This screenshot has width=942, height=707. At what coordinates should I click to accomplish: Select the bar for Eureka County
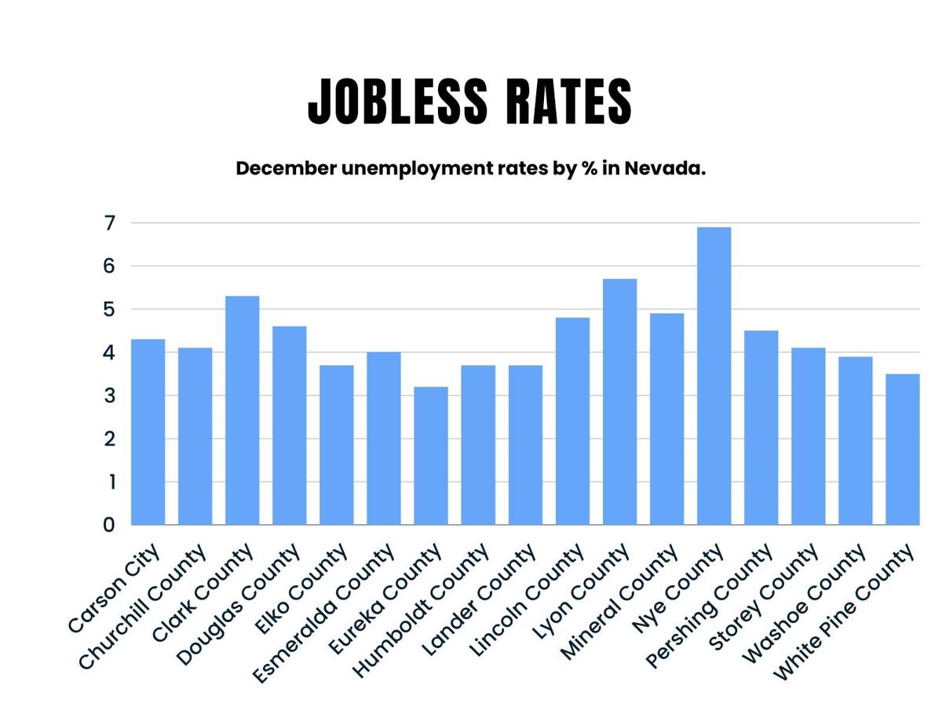431,456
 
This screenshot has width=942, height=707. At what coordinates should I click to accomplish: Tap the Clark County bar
243,410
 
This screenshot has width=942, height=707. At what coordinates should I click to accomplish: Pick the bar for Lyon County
619,401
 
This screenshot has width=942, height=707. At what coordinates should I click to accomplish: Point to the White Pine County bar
903,449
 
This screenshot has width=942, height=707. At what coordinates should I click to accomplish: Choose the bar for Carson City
148,432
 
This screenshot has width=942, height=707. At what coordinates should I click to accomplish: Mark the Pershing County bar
761,427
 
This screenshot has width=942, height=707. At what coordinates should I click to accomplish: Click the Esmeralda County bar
384,438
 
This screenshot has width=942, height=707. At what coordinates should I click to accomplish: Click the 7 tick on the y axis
108,223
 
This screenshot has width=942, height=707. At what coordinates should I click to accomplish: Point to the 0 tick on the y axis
108,525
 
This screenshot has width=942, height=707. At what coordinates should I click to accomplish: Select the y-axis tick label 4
108,353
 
